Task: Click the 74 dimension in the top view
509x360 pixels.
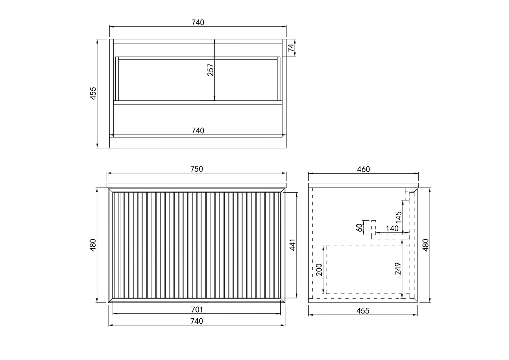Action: click(x=290, y=48)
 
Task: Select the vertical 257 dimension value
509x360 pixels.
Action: click(x=211, y=70)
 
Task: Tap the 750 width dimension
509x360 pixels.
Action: click(x=196, y=169)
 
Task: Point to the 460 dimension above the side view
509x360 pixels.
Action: click(x=363, y=169)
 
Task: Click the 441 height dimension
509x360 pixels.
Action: click(x=293, y=245)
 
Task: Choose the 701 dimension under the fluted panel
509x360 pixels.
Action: click(x=197, y=309)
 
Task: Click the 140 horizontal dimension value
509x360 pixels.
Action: click(x=392, y=229)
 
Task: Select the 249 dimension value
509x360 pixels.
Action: click(x=398, y=269)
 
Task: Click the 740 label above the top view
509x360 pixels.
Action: click(x=198, y=22)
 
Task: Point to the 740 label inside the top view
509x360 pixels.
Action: click(x=198, y=130)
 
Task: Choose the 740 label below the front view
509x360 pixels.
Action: click(x=197, y=321)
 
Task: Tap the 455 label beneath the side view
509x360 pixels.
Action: click(x=363, y=310)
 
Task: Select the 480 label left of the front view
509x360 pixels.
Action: click(x=93, y=245)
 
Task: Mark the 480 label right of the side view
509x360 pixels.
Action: click(x=426, y=245)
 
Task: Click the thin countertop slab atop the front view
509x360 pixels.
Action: click(x=197, y=185)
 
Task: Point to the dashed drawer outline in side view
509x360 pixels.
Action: click(x=363, y=246)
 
